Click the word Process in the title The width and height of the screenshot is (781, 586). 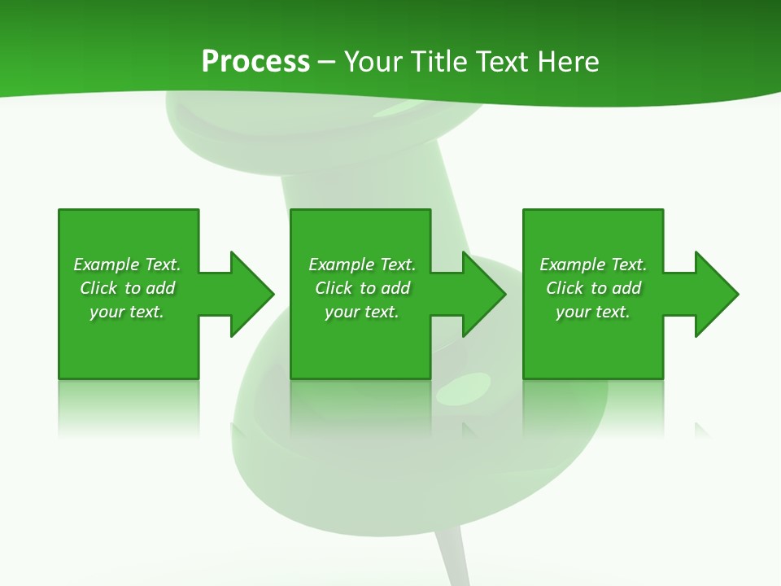(x=255, y=61)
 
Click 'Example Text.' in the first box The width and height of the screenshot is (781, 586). (x=128, y=265)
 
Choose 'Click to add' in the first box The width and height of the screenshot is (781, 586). (x=128, y=288)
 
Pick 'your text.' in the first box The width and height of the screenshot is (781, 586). (x=128, y=312)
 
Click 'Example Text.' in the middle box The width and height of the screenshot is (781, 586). (x=362, y=265)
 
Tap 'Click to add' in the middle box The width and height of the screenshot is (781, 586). (x=362, y=288)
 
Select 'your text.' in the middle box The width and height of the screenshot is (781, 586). (x=362, y=312)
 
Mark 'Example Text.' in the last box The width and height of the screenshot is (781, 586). (x=593, y=265)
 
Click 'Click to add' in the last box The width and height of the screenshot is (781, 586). (x=593, y=288)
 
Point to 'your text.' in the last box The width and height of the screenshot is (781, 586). (x=593, y=312)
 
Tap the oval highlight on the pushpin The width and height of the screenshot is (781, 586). (x=464, y=387)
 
